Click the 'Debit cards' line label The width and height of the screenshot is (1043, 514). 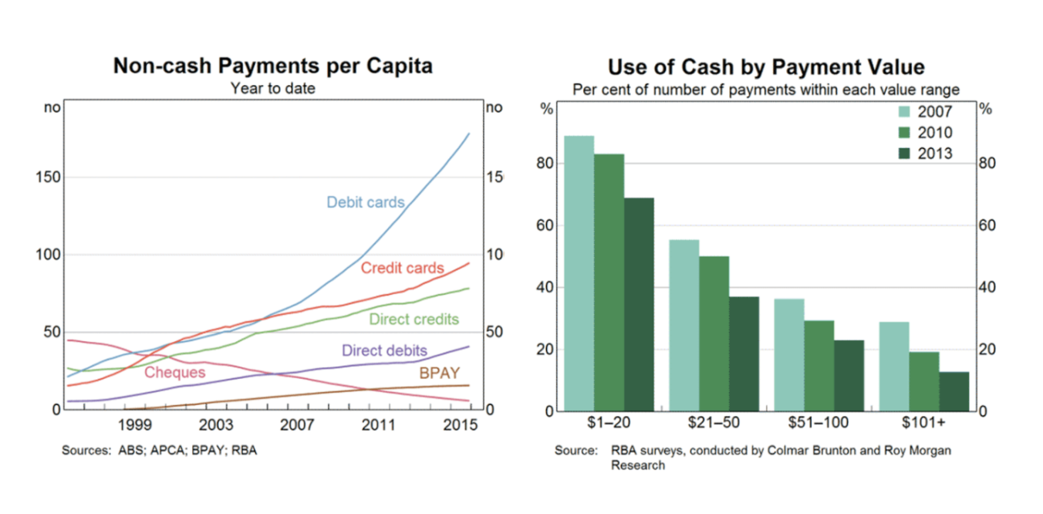coord(365,202)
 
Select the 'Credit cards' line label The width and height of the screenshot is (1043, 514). coord(402,269)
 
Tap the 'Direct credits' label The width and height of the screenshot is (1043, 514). coord(413,319)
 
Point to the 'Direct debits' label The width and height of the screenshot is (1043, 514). coord(384,350)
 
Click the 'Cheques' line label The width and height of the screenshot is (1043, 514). coord(175,373)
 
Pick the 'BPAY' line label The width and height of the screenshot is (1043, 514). coord(439,374)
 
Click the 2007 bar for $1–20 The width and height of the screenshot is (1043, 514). coord(579,273)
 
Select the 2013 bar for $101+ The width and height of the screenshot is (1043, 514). coord(954,391)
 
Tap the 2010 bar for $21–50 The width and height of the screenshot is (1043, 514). coord(714,333)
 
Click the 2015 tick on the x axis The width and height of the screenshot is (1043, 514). coord(461,425)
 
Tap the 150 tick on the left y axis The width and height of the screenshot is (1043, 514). coord(49,178)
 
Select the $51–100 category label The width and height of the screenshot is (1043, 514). coord(819,422)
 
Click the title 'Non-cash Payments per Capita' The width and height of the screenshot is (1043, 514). coord(272,66)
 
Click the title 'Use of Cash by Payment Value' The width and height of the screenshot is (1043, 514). coord(766,66)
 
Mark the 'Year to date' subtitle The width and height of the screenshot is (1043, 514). coord(272,89)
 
